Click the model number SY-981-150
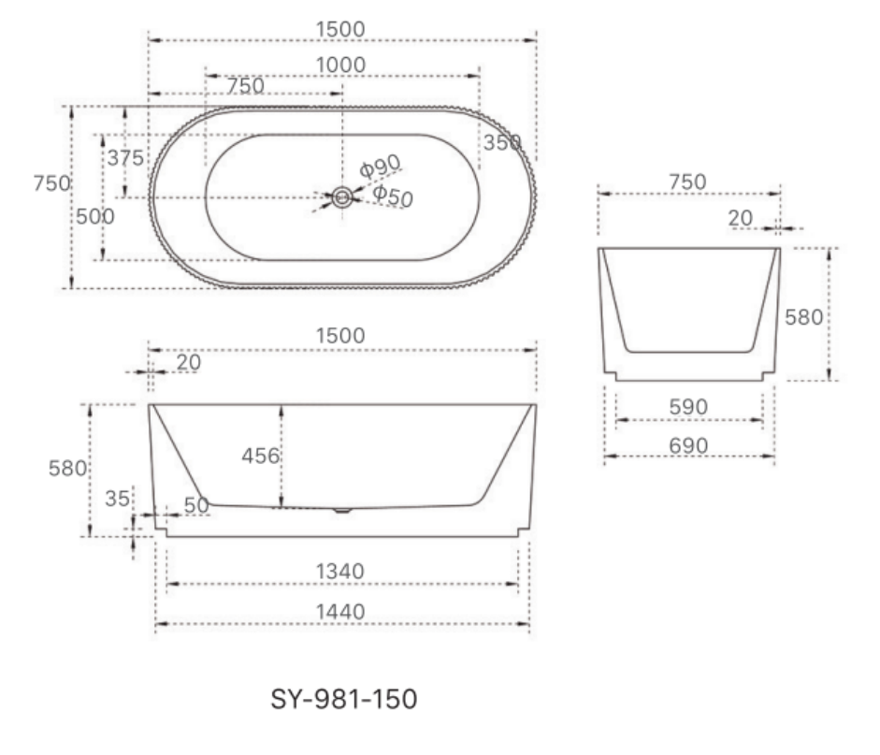coord(343,700)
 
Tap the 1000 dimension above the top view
coord(340,65)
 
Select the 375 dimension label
coord(125,158)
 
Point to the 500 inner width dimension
coord(95,217)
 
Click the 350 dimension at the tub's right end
coord(502,142)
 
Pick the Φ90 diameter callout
coord(380,167)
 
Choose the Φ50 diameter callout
coord(393,196)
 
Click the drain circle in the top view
coord(341,197)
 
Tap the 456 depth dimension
coord(260,456)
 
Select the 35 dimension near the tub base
coord(117,499)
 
